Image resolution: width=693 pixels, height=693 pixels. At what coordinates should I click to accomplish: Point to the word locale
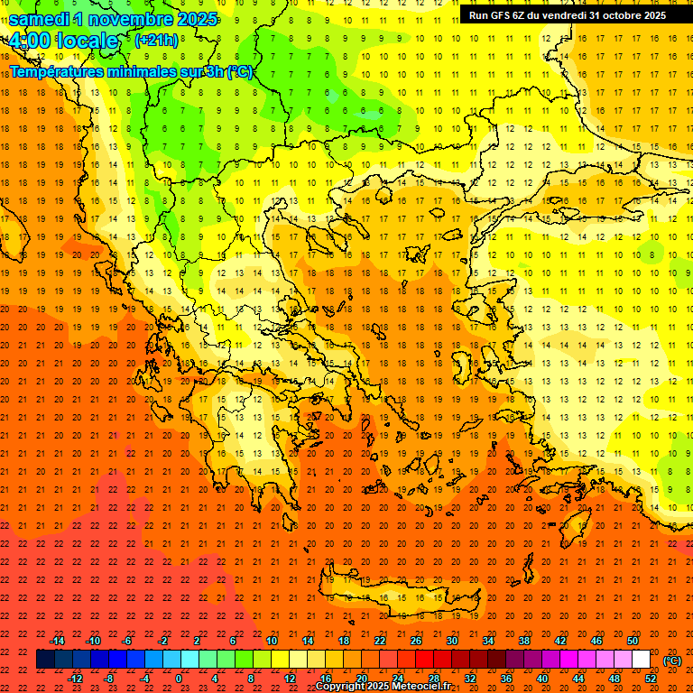[87, 42]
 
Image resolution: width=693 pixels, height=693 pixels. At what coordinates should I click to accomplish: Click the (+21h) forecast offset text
[155, 41]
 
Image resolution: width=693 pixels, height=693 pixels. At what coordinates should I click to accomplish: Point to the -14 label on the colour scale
[58, 641]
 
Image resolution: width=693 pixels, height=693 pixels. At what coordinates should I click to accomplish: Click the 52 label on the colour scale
[651, 678]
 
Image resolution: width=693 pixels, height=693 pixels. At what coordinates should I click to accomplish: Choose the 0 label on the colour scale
[179, 678]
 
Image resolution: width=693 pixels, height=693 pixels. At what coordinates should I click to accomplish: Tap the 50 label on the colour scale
[632, 641]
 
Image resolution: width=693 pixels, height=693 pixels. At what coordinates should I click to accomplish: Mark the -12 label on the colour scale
[75, 678]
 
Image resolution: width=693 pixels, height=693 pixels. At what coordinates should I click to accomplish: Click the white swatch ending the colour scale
[641, 660]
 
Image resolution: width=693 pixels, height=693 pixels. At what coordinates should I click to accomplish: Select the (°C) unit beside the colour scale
[672, 661]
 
